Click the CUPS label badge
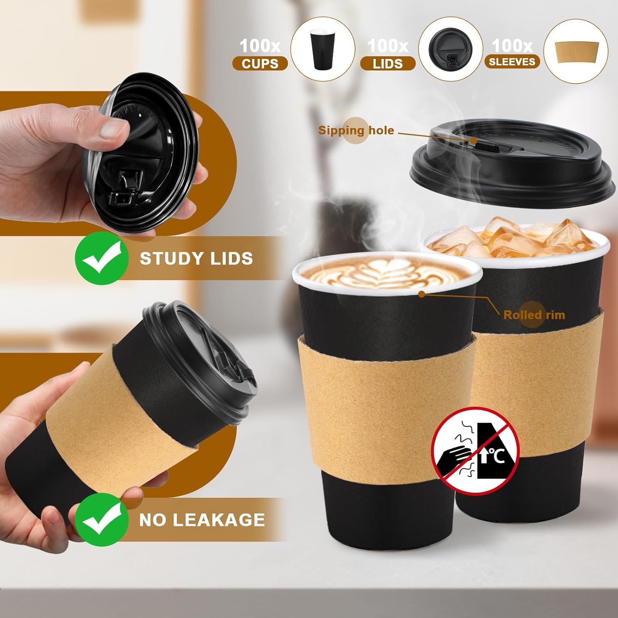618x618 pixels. [x=260, y=64]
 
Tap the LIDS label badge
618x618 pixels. [x=388, y=64]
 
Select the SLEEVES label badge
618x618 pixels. [x=512, y=62]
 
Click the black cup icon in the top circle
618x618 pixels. [x=323, y=49]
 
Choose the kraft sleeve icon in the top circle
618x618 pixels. [x=576, y=51]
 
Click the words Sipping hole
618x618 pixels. [x=356, y=131]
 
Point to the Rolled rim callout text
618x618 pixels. [x=534, y=315]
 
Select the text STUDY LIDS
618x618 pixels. [x=196, y=259]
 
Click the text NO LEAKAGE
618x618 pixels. [x=202, y=520]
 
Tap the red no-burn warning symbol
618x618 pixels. [x=475, y=451]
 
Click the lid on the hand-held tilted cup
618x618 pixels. [x=202, y=358]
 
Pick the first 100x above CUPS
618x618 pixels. [x=260, y=46]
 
